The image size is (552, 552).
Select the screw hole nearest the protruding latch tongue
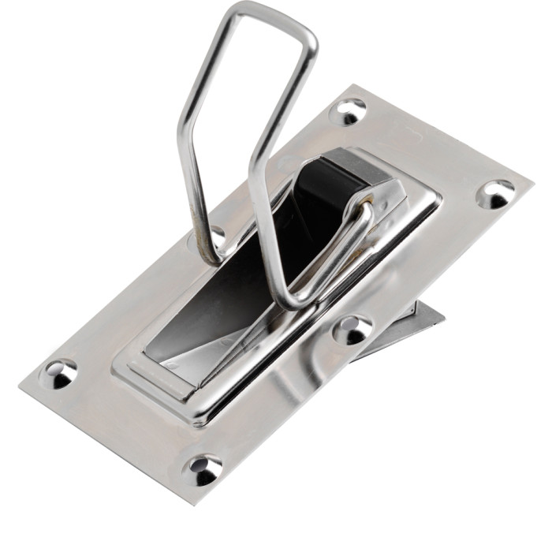[x=352, y=329]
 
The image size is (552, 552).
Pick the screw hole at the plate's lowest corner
[x=203, y=470]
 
